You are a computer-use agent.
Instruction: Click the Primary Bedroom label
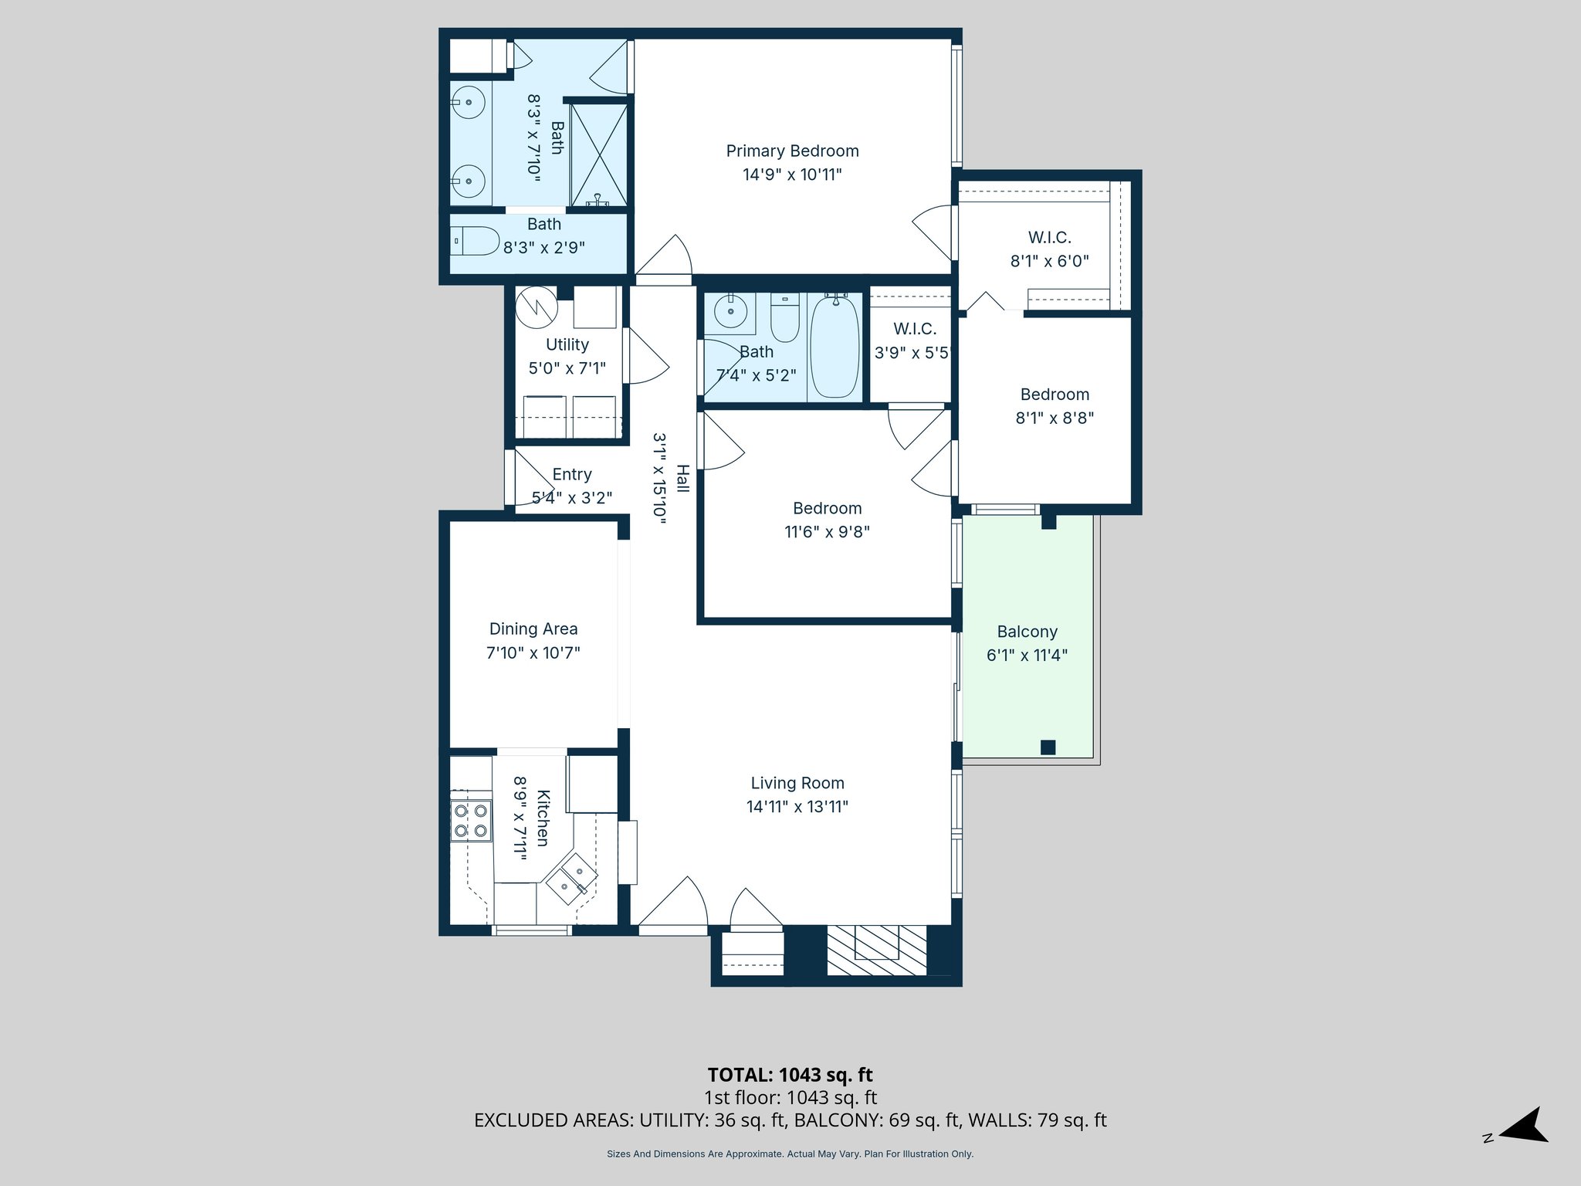pos(792,151)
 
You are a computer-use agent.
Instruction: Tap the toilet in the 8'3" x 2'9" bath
pos(476,241)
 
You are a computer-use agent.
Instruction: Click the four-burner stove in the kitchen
pos(471,821)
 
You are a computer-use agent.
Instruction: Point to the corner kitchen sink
pos(573,879)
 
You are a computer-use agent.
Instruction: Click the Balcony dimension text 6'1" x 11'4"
pos(1027,656)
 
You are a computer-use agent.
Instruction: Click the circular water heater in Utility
pos(537,307)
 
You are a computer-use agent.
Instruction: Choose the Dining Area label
pos(533,629)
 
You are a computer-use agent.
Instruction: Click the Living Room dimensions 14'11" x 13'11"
pos(797,807)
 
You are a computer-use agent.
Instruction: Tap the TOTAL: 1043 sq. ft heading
pos(790,1075)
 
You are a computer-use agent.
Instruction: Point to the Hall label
pos(682,479)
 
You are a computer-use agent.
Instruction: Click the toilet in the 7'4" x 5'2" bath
pos(785,318)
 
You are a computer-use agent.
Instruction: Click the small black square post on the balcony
pos(1048,747)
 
